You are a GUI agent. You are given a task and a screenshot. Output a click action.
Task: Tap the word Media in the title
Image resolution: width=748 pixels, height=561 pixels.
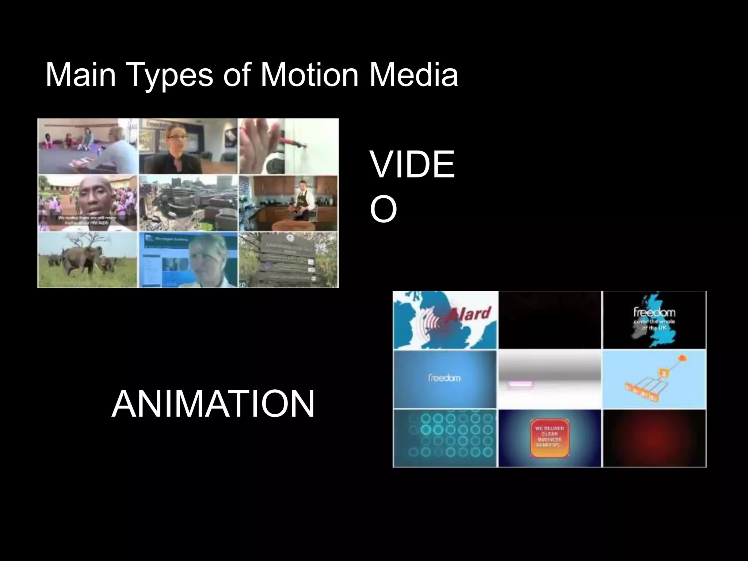coord(413,75)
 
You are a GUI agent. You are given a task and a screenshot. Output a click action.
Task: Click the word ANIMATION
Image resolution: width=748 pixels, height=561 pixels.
coord(213,404)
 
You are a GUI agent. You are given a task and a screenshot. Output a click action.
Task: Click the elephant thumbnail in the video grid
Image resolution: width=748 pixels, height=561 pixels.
coord(88,260)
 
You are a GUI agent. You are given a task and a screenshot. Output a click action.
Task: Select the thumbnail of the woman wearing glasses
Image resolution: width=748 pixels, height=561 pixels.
coord(188,146)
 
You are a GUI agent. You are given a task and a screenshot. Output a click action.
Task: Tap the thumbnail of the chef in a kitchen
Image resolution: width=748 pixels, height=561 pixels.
coord(289,203)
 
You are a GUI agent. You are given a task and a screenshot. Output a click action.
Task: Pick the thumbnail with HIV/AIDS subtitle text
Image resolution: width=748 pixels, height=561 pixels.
coord(88,203)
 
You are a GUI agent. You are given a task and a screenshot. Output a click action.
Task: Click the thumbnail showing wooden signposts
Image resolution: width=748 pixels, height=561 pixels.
coord(289,260)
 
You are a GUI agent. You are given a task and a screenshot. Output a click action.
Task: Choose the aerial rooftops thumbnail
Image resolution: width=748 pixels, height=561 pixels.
coord(188,203)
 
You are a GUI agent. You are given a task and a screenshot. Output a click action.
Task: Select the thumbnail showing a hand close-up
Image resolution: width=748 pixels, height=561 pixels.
coord(289,146)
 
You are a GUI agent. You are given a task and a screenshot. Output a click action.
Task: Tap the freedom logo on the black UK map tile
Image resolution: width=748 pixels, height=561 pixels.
coord(654,312)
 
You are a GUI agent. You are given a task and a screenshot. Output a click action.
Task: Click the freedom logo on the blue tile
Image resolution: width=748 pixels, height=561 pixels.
coord(444,378)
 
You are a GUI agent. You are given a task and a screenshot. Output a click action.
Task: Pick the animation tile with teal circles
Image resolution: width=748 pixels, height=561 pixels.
coord(444,438)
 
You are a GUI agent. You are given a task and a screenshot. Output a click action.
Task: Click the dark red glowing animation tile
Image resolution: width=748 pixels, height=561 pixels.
coord(654,438)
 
